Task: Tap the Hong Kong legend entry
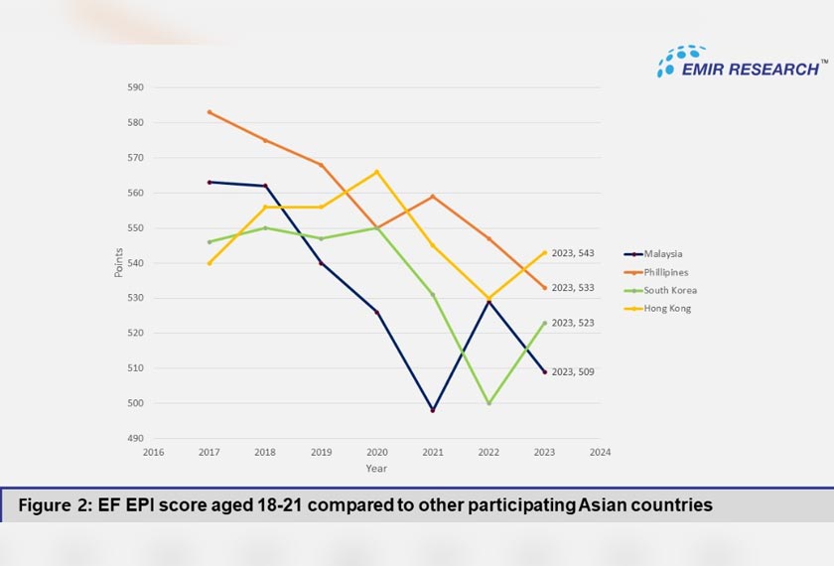point(666,308)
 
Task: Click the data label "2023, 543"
point(573,254)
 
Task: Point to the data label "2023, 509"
point(573,371)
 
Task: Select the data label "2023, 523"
point(573,323)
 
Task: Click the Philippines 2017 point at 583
point(208,112)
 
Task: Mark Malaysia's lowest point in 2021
point(433,410)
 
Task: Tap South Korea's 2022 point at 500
point(488,403)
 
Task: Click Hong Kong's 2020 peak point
point(376,172)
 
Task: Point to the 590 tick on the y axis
point(135,87)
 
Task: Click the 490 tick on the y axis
point(135,438)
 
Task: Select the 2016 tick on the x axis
point(153,453)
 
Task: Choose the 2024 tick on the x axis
point(600,453)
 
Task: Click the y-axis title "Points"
point(119,262)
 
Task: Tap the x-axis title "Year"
point(376,469)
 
